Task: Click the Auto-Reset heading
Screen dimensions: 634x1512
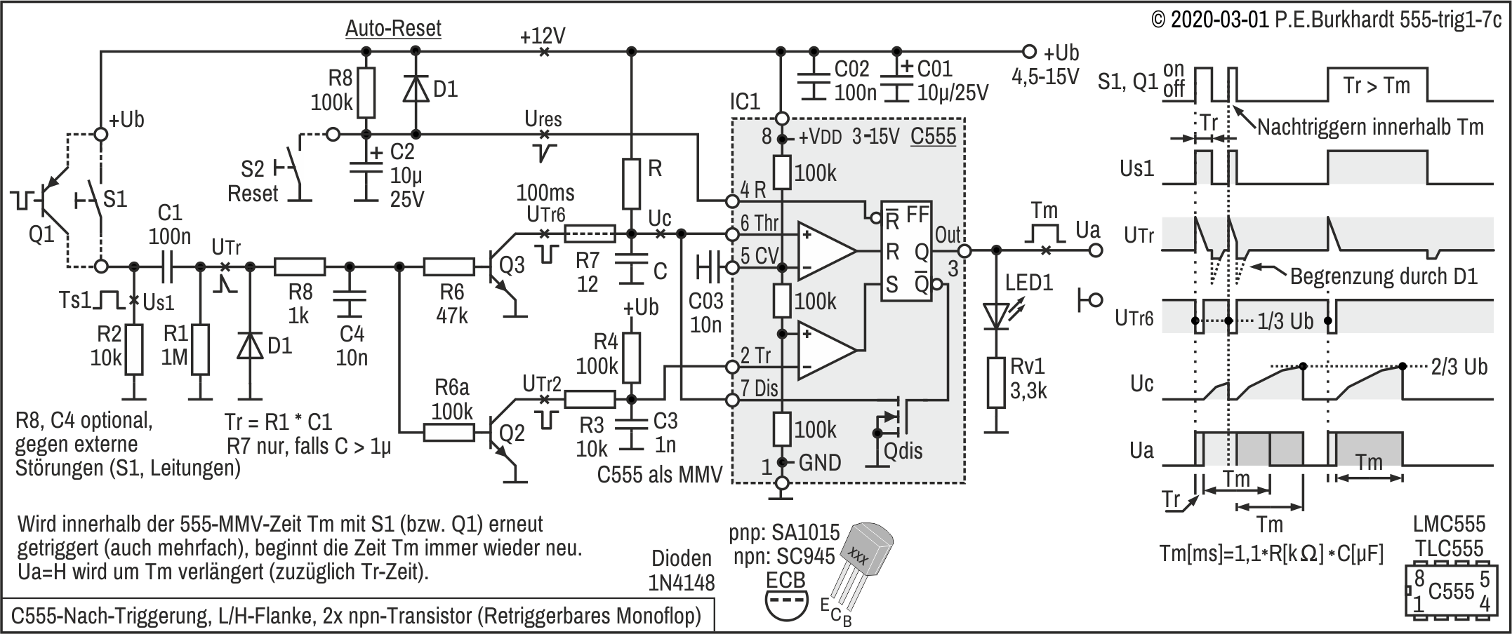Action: coord(393,28)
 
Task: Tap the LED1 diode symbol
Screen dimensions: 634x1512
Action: coord(995,316)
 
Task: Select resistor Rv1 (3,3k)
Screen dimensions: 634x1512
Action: coord(995,382)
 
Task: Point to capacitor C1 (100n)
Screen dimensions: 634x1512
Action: coord(168,267)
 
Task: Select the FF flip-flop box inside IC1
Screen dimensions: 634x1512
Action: coord(906,252)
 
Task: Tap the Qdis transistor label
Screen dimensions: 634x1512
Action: coord(903,450)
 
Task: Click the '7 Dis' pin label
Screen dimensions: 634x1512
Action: coord(760,387)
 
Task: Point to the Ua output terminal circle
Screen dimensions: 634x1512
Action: coord(1096,250)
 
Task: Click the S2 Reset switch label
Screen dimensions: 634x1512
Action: coord(253,181)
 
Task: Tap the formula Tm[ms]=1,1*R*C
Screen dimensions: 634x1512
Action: coord(1271,554)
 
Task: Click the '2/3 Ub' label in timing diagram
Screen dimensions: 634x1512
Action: coord(1459,367)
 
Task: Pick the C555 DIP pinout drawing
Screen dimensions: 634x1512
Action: coord(1450,591)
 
